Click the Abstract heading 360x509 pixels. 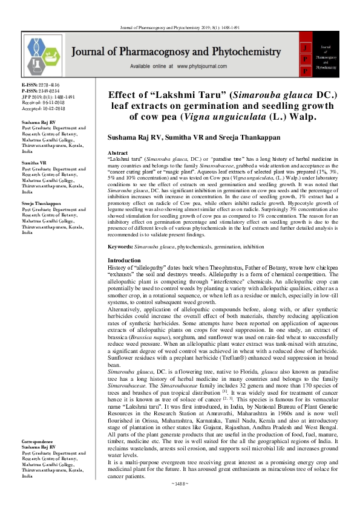click(x=117, y=154)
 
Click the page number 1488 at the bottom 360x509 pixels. click(x=180, y=501)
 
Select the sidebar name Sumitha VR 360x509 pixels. click(x=34, y=163)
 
